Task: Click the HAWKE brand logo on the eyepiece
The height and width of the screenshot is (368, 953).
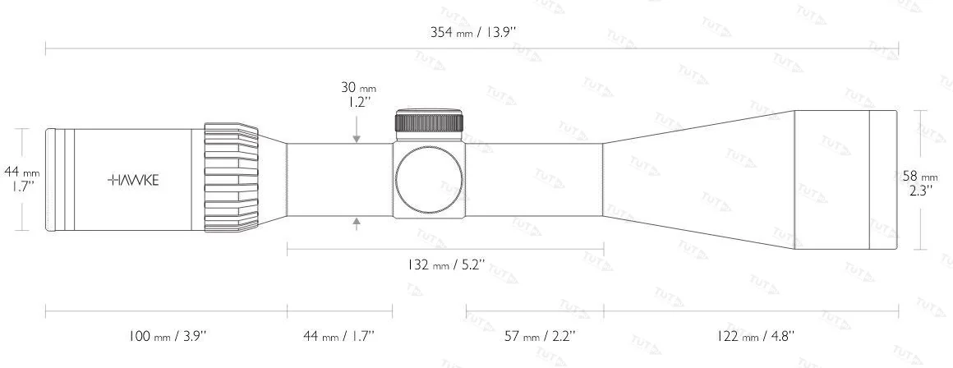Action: tap(134, 180)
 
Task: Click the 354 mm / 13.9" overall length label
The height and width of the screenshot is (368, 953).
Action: tap(473, 33)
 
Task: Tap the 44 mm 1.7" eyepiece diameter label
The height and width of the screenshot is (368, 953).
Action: tap(22, 178)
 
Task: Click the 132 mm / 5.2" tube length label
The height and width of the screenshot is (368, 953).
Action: tap(446, 265)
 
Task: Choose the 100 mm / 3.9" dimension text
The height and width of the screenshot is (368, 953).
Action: tap(168, 335)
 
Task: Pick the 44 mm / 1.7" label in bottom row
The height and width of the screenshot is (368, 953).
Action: tap(338, 335)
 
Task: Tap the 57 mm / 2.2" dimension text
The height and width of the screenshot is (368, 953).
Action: tap(539, 335)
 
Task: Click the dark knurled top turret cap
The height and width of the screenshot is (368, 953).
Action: tap(430, 122)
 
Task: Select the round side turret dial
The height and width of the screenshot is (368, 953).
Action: tap(429, 179)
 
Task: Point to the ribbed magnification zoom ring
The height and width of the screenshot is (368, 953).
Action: tap(230, 179)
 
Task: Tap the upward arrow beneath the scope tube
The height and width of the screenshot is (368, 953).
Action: tap(356, 223)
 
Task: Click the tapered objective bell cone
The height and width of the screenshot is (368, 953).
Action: tap(698, 179)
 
